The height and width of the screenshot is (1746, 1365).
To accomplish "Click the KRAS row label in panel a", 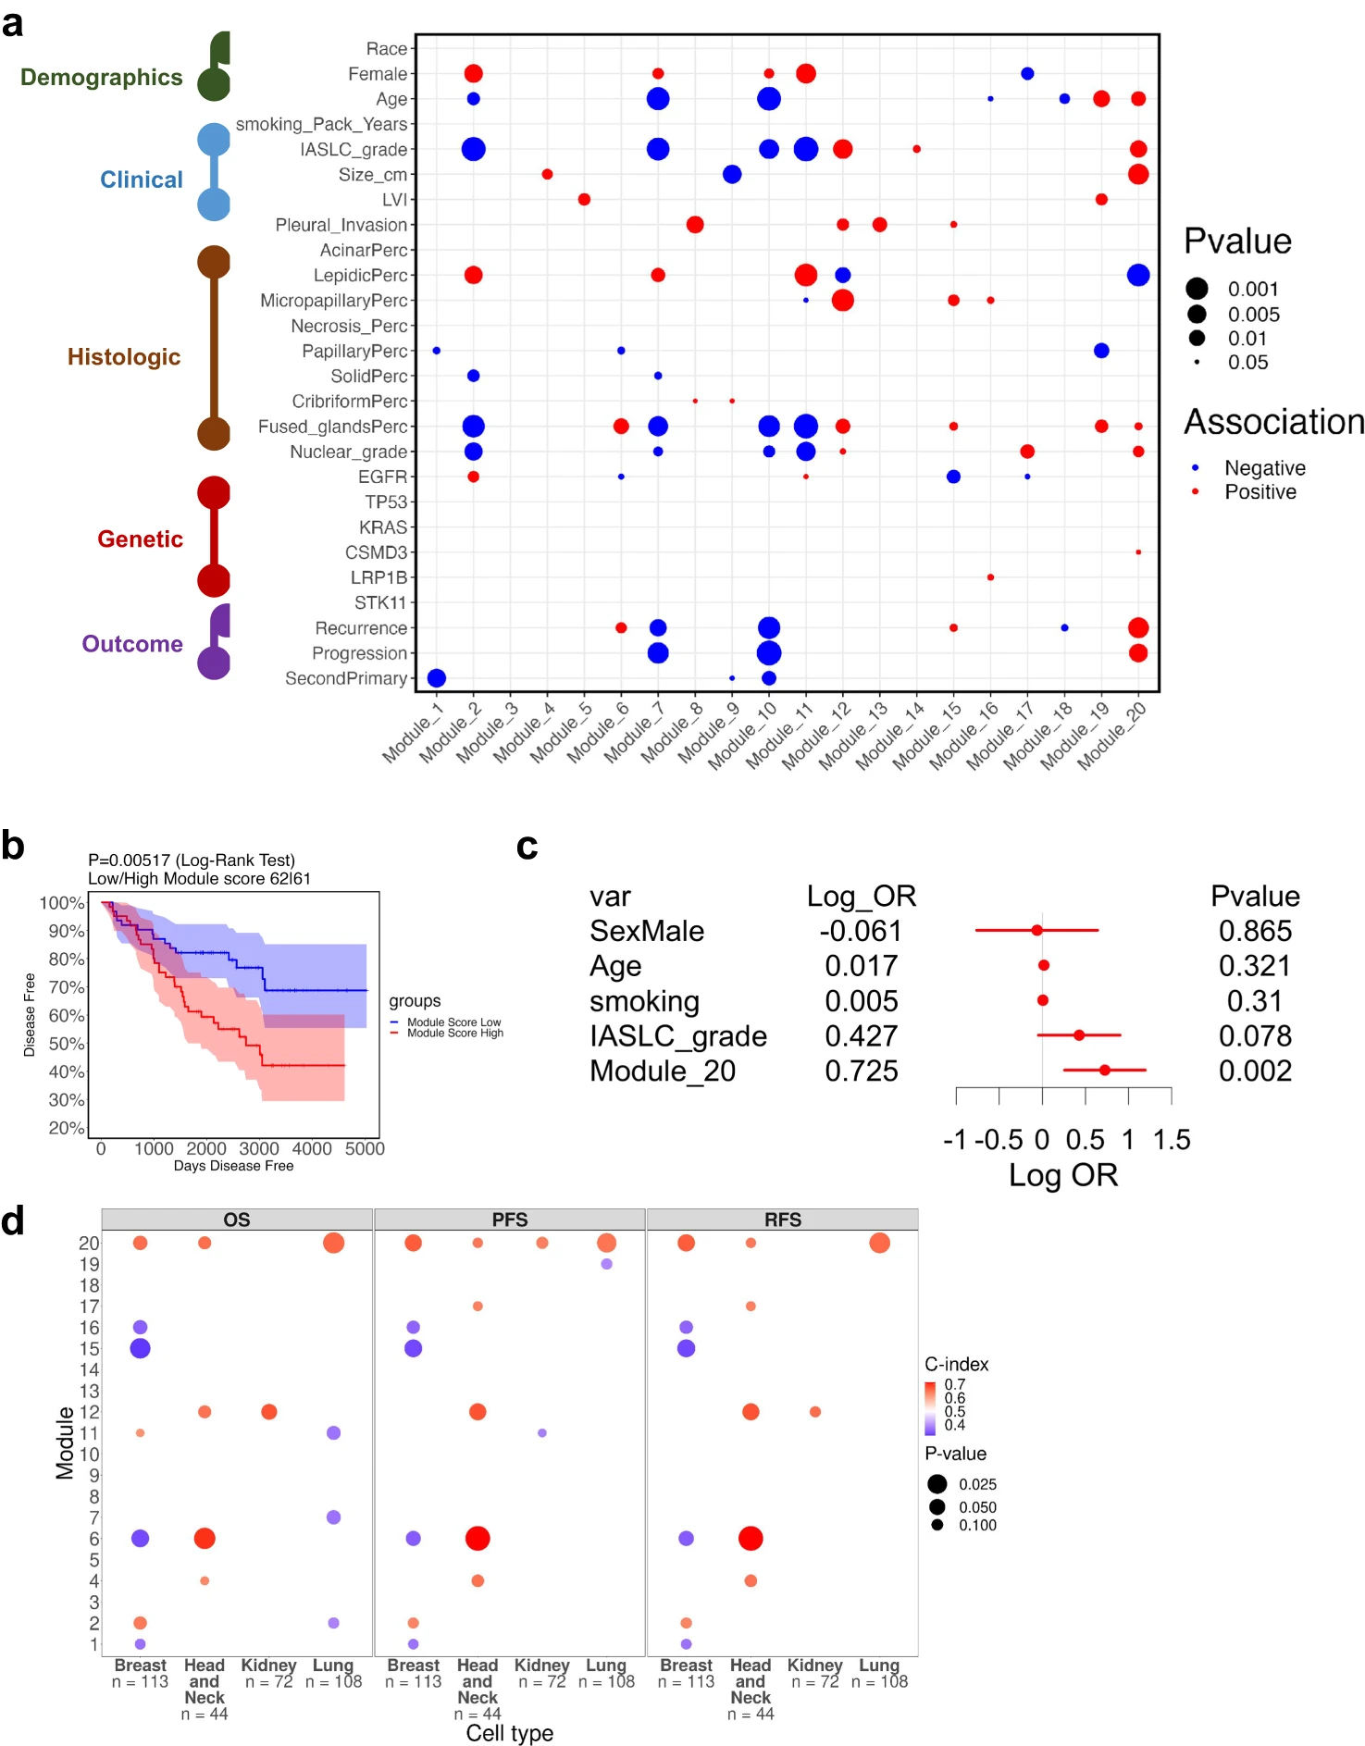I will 383,527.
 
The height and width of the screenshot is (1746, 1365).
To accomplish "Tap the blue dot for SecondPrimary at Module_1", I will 437,678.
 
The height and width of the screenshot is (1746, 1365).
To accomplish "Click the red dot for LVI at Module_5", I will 584,200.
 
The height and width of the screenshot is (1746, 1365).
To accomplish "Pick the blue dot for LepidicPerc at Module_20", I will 1138,275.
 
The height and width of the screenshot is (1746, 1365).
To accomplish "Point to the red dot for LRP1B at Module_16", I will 990,577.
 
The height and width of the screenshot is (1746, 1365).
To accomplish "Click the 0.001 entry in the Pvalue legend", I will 1253,289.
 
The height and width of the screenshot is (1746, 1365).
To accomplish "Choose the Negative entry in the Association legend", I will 1264,468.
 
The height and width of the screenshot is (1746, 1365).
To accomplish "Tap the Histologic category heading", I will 124,357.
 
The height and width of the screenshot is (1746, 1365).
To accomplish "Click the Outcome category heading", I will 132,644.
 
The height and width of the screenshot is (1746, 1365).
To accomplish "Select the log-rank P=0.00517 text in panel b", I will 192,861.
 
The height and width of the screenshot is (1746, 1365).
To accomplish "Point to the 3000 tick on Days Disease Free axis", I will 259,1149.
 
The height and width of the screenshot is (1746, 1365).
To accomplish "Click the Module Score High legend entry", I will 454,1034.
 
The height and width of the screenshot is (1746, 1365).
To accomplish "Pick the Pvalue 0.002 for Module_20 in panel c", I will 1255,1071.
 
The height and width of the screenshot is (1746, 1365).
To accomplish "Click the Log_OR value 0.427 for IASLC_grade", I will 861,1036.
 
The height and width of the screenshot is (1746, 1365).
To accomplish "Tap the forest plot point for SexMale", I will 1036,930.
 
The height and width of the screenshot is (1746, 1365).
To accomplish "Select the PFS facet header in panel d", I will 510,1220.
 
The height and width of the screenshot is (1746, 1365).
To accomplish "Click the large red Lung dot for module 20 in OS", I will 333,1243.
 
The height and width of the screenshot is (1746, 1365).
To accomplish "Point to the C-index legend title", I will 956,1365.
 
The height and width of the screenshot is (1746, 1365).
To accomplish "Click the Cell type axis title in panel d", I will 510,1733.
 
